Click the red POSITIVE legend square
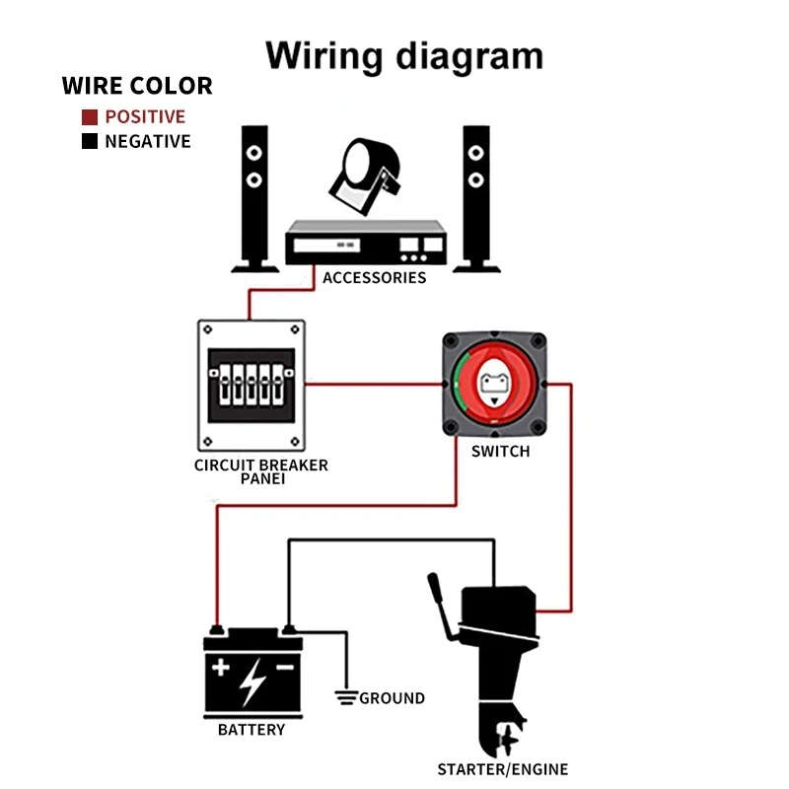pos(89,116)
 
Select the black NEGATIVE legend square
pos(89,141)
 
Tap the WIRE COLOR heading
pos(137,85)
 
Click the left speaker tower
pos(254,197)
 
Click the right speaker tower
pos(476,197)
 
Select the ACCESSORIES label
pos(375,277)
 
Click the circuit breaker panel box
pos(251,384)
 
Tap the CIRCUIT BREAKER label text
pos(260,465)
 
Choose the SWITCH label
pos(500,452)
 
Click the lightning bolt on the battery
pos(252,681)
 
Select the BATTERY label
pos(251,730)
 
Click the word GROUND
pos(392,698)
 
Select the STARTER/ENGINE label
pos(503,769)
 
